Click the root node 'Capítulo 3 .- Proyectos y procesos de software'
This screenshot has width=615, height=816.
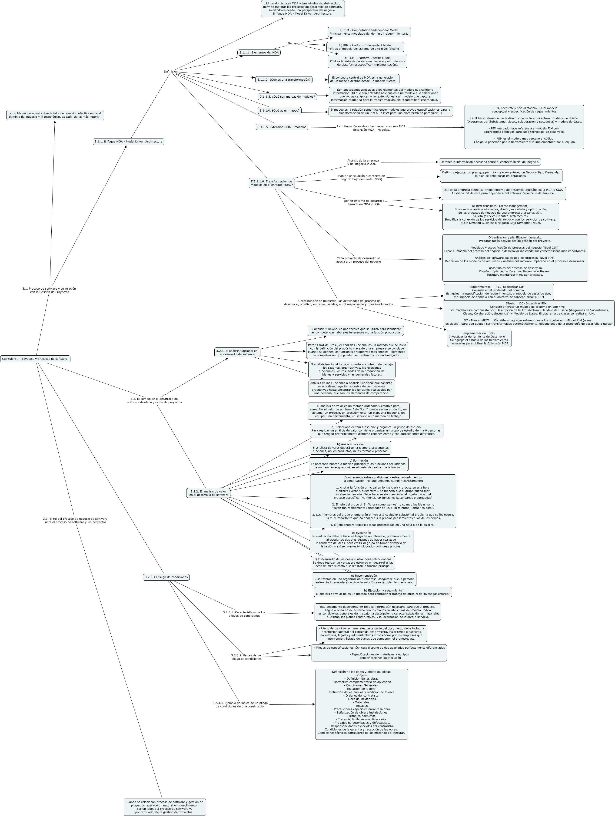[35, 359]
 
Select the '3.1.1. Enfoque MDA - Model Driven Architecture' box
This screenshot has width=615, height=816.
[128, 142]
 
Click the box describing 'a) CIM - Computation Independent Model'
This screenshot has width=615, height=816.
[369, 32]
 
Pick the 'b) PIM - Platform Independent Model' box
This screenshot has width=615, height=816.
[365, 47]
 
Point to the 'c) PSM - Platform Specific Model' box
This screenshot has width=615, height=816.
[367, 61]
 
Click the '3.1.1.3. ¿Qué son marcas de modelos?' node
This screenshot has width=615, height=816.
[287, 97]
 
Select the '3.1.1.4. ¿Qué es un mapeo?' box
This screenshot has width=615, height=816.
[279, 111]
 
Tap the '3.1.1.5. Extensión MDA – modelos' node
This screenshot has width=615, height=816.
[282, 127]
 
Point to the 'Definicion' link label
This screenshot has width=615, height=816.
[170, 72]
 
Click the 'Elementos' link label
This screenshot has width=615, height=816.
[295, 43]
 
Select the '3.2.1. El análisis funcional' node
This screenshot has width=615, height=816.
[237, 352]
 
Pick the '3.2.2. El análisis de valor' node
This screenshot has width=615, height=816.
[208, 493]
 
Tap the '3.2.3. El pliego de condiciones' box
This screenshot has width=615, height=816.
[166, 577]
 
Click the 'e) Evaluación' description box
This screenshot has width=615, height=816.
[361, 542]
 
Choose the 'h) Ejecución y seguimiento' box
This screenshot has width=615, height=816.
[382, 592]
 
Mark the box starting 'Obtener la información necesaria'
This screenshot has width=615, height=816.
[489, 162]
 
